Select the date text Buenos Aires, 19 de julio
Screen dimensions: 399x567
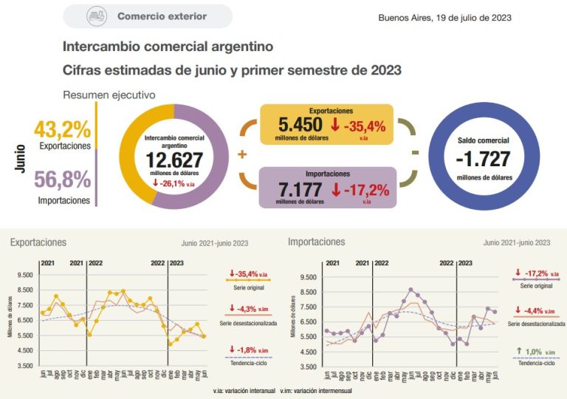point(444,18)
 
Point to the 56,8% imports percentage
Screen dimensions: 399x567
point(63,180)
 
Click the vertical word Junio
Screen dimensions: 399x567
point(20,158)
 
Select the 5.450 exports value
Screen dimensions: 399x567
point(299,125)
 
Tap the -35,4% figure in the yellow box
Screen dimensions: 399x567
point(360,126)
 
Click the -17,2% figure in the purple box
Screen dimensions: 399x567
point(360,189)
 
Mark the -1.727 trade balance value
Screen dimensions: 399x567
point(484,158)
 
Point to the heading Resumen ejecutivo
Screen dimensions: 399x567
point(109,95)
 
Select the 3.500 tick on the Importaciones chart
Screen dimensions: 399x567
point(307,366)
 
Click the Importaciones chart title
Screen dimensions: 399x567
point(316,242)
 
